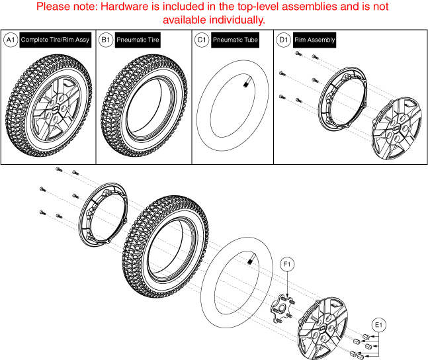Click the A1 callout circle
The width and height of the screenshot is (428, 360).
pyautogui.click(x=10, y=40)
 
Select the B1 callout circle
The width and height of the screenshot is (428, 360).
pyautogui.click(x=105, y=40)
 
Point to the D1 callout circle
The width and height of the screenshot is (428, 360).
pyautogui.click(x=283, y=40)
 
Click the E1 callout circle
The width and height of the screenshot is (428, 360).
pyautogui.click(x=380, y=325)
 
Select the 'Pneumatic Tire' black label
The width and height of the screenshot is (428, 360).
pyautogui.click(x=138, y=40)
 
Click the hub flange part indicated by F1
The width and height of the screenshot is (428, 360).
pyautogui.click(x=280, y=310)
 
